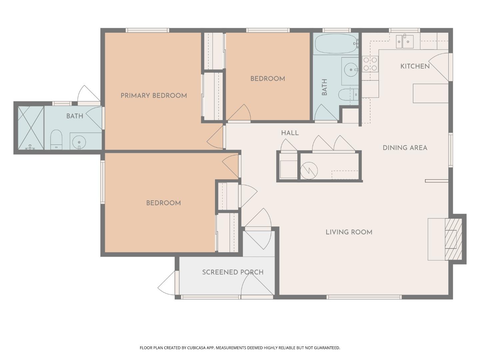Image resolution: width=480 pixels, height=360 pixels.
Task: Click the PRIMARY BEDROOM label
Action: coord(154,96)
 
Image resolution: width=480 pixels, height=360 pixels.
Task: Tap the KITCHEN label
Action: coord(415,66)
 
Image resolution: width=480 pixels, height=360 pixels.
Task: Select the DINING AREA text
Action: coord(405,148)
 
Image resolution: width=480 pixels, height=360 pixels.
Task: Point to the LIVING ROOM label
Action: coord(349,232)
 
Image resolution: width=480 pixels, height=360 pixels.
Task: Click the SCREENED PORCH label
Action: coord(233,272)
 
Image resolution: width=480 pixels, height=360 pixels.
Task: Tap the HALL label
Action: coord(290,133)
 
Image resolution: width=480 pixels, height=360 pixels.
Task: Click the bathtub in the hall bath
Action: coord(336,44)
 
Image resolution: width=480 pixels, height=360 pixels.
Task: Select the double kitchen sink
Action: coord(404,42)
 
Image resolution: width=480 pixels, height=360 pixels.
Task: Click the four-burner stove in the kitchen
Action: coord(370,64)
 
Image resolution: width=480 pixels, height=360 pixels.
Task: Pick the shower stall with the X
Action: coord(31,128)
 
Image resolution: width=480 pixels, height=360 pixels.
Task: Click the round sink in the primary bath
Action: coord(79,142)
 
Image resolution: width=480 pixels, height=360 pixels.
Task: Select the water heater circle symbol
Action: coord(309,170)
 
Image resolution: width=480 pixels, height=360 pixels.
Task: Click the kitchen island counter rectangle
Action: coord(430,93)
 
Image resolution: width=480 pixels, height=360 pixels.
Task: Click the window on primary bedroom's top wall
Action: coord(147,30)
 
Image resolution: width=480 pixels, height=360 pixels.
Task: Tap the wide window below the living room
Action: coord(364,297)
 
